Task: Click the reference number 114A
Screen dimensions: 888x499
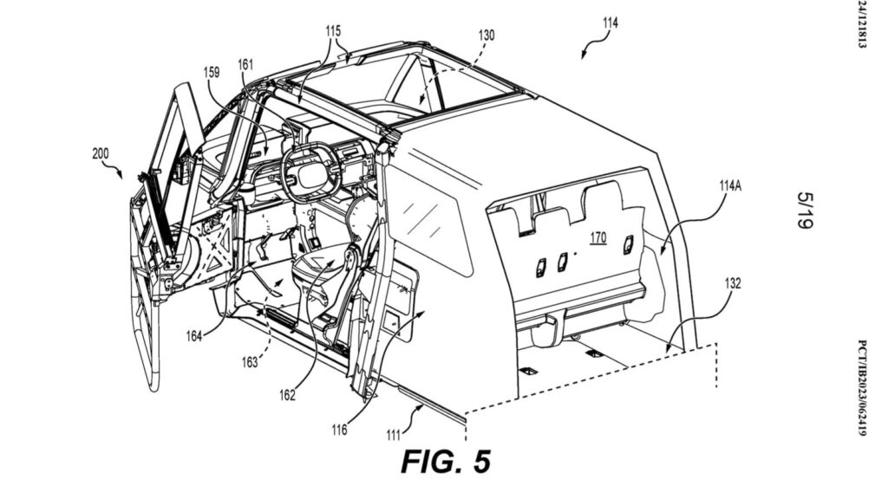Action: [x=730, y=185]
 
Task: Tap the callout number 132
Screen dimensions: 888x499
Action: [x=732, y=283]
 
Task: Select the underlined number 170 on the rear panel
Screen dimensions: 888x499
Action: [x=598, y=237]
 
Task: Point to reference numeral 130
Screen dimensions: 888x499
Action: [x=486, y=35]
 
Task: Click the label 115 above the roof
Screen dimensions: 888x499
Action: [x=334, y=30]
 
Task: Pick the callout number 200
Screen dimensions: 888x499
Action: [x=101, y=153]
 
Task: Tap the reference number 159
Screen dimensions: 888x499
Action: [x=212, y=73]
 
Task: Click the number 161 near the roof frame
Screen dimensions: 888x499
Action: [x=245, y=65]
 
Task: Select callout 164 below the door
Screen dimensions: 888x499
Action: [x=193, y=336]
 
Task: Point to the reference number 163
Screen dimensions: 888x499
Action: [x=250, y=362]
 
